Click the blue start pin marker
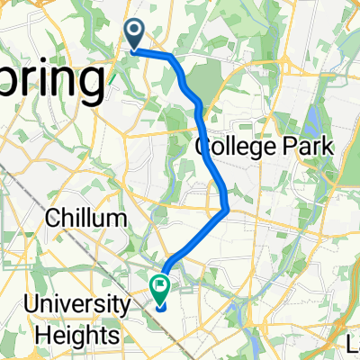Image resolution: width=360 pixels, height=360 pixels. click(x=135, y=36)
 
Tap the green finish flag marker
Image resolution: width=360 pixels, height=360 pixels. click(x=160, y=289)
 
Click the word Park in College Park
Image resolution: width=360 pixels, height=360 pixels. click(x=311, y=146)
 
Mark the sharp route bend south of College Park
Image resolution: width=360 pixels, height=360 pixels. click(x=227, y=210)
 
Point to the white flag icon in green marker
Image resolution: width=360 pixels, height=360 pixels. click(x=160, y=287)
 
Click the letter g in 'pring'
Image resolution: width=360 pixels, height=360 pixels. click(x=84, y=87)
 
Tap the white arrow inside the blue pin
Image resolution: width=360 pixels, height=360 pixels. click(x=135, y=33)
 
